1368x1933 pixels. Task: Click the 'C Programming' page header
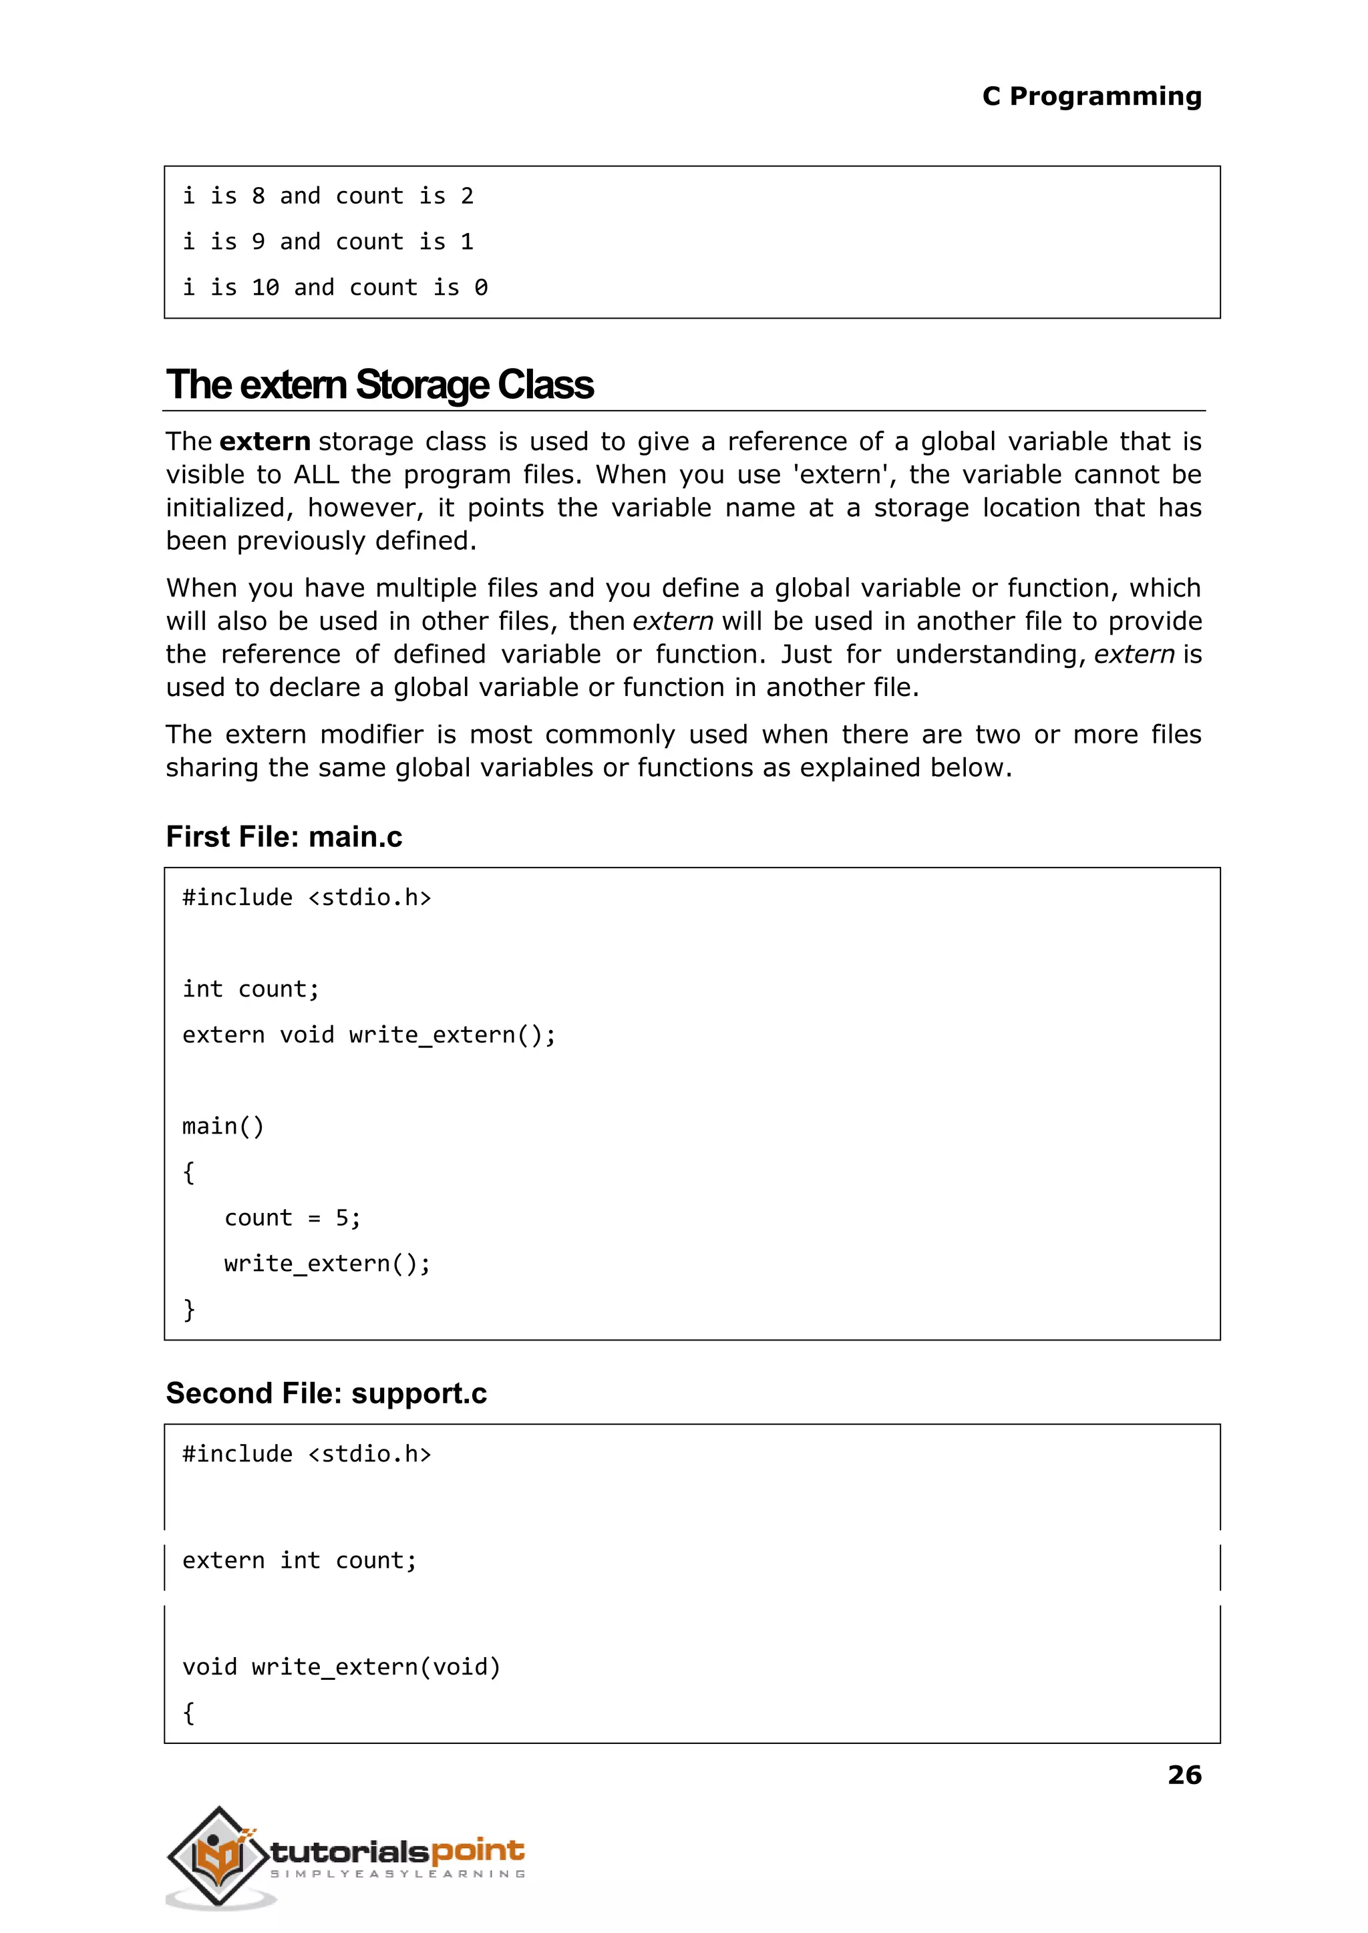point(1091,96)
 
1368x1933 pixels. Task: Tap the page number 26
point(1184,1775)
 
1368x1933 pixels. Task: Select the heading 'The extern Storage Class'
point(379,384)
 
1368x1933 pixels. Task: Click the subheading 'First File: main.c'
point(284,836)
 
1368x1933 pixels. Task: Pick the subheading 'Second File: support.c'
point(326,1393)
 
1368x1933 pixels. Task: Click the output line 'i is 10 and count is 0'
point(335,288)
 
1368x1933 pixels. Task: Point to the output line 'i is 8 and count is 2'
point(328,196)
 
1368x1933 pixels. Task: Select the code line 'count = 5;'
point(291,1218)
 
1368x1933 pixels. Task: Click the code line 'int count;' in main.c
point(250,989)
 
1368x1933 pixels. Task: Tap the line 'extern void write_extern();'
point(369,1035)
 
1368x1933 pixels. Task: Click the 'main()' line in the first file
point(223,1126)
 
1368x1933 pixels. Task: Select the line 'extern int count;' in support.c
point(299,1561)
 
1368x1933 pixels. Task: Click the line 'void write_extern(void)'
point(341,1667)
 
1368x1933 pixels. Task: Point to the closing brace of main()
point(188,1309)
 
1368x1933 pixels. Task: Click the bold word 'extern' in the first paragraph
point(265,442)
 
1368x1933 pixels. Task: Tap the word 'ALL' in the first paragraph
point(316,475)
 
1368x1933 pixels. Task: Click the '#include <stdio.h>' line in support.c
point(307,1455)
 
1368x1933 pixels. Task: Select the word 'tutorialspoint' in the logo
point(397,1852)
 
